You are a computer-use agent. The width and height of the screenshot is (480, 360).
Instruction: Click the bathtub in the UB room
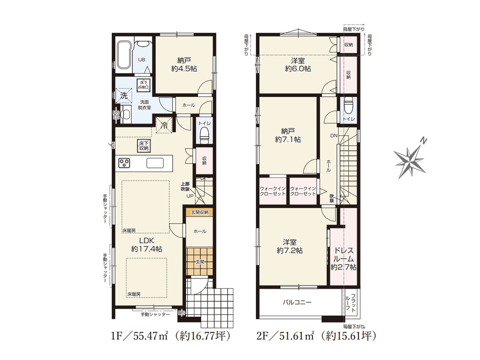[124, 55]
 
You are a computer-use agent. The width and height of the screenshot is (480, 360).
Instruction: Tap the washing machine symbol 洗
[124, 95]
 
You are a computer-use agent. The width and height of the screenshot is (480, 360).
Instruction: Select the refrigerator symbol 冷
[164, 125]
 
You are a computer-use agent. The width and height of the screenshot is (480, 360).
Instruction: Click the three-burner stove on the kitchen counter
[124, 163]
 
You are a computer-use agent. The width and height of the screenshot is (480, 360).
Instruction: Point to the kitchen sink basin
[155, 163]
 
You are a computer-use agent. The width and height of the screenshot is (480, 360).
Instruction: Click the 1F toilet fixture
[204, 136]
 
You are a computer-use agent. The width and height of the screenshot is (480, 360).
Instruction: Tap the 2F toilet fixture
[348, 106]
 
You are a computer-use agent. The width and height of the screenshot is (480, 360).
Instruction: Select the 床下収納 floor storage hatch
[144, 146]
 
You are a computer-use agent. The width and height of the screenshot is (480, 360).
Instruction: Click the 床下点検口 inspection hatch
[144, 85]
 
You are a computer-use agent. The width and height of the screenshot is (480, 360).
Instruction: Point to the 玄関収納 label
[200, 212]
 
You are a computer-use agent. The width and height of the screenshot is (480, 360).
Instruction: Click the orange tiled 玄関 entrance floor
[199, 262]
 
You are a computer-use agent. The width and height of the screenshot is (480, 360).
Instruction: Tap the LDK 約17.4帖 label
[147, 245]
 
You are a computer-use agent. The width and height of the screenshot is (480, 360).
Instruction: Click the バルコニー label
[297, 302]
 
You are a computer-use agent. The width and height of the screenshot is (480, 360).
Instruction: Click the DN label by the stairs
[334, 136]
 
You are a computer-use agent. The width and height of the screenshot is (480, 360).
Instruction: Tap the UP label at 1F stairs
[190, 196]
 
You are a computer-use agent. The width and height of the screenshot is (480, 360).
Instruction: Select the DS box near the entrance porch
[182, 313]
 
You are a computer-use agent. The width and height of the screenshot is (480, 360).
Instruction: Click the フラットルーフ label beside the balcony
[350, 303]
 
